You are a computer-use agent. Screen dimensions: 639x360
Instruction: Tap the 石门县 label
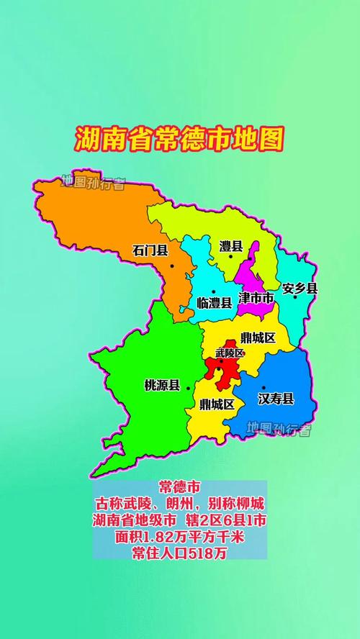pos(150,250)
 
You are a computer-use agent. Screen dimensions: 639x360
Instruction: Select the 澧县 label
pos(230,247)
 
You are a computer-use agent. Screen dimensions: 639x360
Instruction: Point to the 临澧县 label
pos(214,303)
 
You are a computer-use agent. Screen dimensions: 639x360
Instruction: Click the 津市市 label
pos(256,297)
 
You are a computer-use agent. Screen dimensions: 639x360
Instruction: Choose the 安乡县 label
pos(300,289)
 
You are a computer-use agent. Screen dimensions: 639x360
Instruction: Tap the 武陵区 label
pos(230,353)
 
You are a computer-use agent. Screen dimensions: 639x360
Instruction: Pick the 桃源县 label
pos(162,386)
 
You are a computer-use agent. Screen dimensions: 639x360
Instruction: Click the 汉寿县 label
pos(276,399)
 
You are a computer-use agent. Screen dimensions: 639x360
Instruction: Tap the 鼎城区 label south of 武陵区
pos(217,404)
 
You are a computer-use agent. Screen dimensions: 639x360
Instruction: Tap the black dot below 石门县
pos(172,266)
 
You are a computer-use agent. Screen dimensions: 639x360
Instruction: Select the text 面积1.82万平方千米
pos(179,535)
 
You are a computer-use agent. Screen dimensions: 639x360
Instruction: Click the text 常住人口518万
pos(179,552)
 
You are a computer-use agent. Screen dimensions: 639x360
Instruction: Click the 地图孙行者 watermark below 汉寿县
pos(279,430)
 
